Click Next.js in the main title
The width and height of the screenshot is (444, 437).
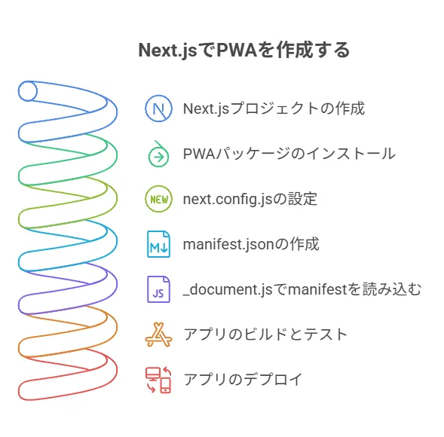(x=167, y=50)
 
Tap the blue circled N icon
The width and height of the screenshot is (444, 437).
(x=158, y=108)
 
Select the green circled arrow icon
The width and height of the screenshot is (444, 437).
(x=158, y=154)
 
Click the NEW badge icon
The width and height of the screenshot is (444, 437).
(x=158, y=199)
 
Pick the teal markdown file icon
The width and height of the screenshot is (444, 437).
(x=158, y=244)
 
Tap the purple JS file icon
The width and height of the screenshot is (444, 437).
(x=158, y=289)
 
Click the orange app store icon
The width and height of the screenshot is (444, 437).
(x=158, y=335)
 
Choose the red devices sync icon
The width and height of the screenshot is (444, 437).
(x=158, y=380)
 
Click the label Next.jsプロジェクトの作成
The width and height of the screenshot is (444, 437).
(x=274, y=108)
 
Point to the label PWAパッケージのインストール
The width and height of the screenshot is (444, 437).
(x=289, y=154)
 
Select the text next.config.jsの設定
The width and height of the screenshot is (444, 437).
(x=250, y=199)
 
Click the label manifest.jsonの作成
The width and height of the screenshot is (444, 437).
(x=251, y=244)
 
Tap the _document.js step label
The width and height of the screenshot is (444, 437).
(x=302, y=289)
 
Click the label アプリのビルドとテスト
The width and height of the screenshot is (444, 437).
(x=265, y=335)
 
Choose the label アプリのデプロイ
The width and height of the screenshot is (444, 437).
(x=243, y=380)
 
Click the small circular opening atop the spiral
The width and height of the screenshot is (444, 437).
(x=28, y=91)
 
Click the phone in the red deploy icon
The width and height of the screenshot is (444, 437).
(x=165, y=385)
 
